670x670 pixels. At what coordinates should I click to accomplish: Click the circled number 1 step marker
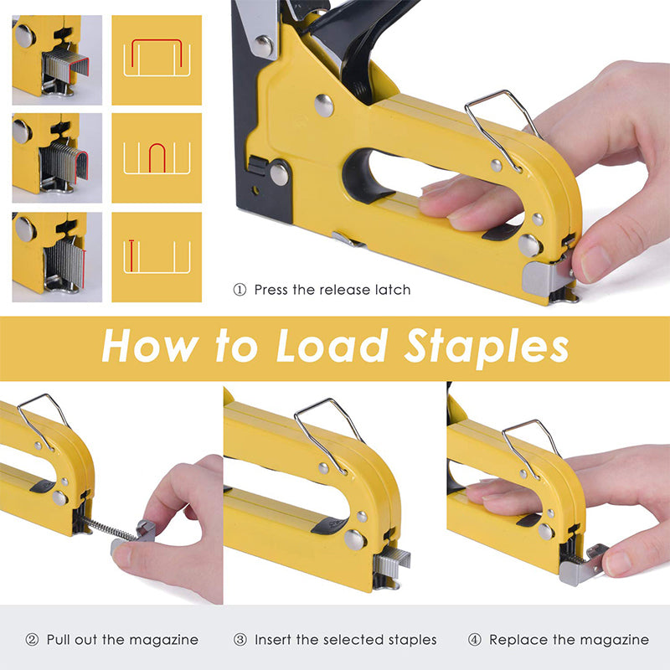coord(240,290)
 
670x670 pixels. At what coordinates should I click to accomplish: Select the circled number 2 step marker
coord(32,640)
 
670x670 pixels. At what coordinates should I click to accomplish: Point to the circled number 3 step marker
coord(240,640)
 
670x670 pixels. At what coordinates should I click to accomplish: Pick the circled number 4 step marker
coord(474,640)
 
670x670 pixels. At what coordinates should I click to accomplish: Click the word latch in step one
coord(391,290)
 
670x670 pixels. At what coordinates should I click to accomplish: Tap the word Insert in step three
coord(275,640)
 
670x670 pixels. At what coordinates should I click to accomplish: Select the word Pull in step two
coord(60,640)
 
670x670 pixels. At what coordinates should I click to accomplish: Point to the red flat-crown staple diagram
coord(157,54)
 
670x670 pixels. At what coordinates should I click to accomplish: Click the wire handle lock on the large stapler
coord(501,126)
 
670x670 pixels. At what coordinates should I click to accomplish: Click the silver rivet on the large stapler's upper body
coord(323,105)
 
